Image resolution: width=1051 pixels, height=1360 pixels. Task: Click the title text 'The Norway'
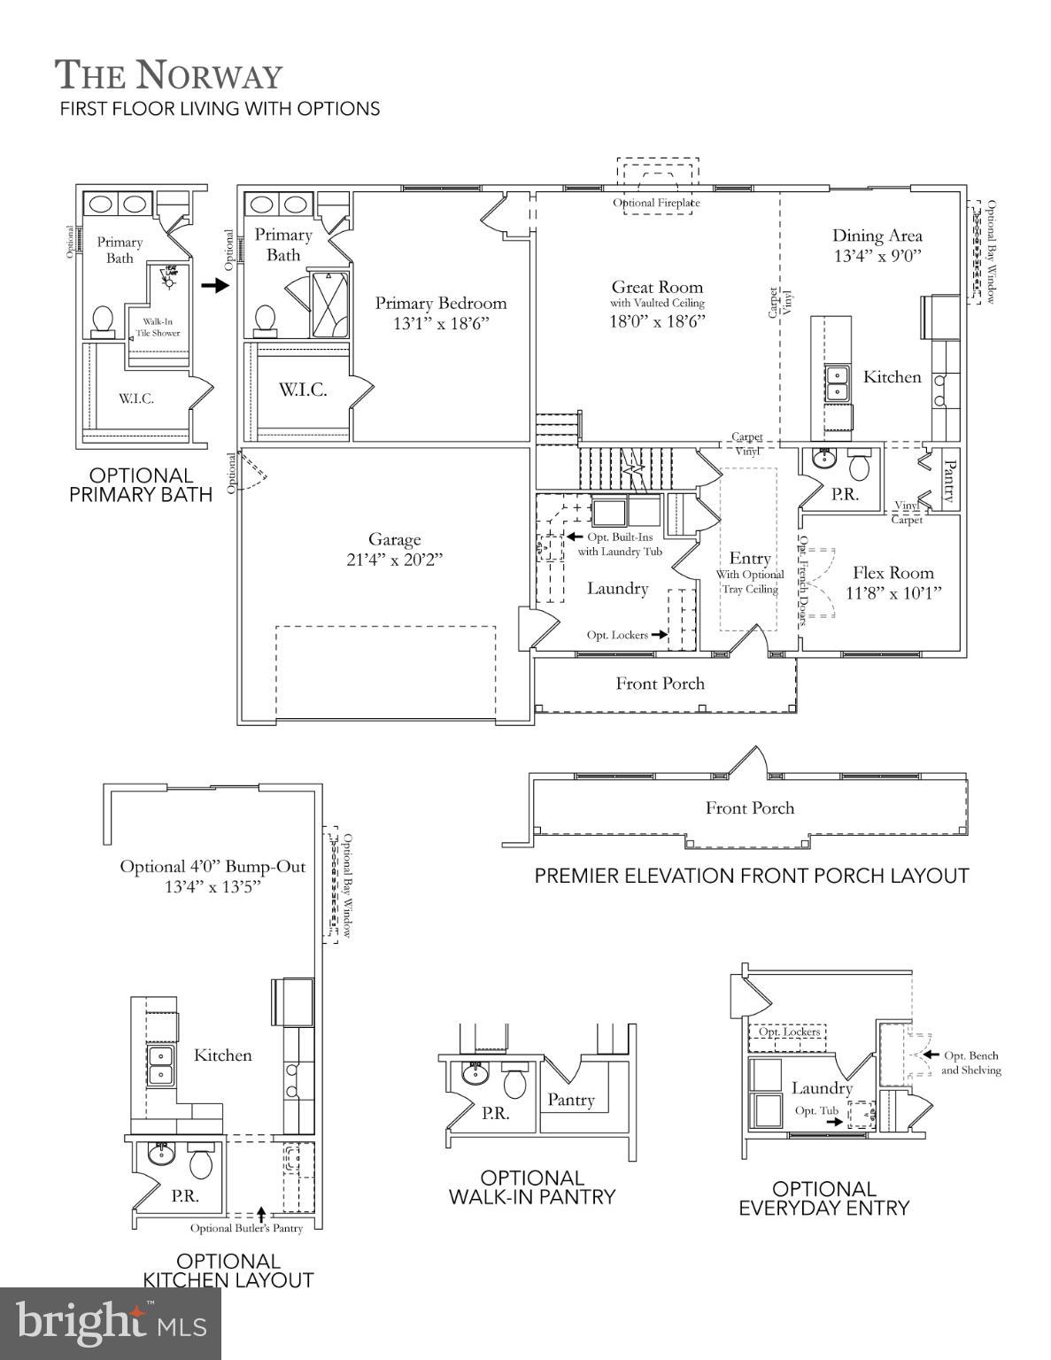point(168,75)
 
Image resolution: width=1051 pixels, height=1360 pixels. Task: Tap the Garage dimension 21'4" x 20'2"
point(395,560)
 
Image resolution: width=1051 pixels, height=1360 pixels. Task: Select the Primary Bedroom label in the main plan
point(441,304)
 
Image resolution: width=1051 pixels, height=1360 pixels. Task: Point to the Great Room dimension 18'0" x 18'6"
point(657,321)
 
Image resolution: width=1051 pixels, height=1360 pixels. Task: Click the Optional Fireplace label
point(656,203)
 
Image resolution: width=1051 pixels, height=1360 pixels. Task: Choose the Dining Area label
point(877,236)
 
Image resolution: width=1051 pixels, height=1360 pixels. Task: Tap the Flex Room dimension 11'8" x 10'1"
point(893,592)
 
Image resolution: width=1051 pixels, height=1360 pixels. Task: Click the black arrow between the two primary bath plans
point(215,286)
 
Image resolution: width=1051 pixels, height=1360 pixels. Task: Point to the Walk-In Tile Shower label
point(157,328)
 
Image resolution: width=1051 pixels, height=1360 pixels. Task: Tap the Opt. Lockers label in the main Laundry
point(616,635)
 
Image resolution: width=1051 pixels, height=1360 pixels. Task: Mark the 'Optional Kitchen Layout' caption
point(228,1271)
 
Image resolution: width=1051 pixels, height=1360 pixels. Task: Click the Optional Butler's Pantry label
point(246,1228)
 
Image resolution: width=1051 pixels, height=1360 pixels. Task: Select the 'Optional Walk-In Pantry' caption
point(531,1187)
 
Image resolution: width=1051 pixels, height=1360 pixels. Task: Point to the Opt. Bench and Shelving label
point(970,1062)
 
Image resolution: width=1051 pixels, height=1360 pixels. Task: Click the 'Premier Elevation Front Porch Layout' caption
point(751,876)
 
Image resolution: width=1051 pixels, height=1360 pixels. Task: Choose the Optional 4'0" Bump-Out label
point(213,867)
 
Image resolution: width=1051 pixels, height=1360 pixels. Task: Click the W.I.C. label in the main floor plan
point(303,390)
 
